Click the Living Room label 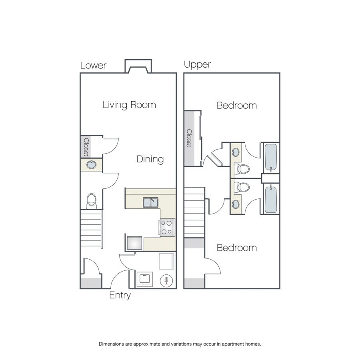(x=129, y=105)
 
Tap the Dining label (x=150, y=159)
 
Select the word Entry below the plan (x=120, y=295)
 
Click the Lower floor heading (x=93, y=66)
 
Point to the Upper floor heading (x=198, y=64)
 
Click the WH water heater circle (x=166, y=280)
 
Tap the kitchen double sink (x=151, y=202)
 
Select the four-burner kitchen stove (x=167, y=228)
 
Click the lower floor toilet (x=91, y=201)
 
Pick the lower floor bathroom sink (x=91, y=165)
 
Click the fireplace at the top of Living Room (x=138, y=66)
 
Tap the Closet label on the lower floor (x=86, y=147)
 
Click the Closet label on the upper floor (x=189, y=138)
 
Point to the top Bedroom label (x=237, y=106)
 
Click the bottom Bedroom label (x=237, y=248)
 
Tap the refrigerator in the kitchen (x=134, y=243)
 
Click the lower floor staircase (x=91, y=229)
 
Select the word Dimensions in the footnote (x=111, y=344)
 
